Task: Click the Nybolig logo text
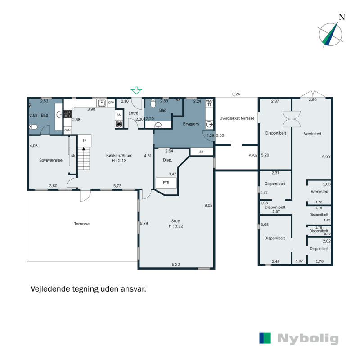308,338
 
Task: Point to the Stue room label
175,221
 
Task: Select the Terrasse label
83,224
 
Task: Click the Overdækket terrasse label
237,118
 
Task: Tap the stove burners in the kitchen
67,114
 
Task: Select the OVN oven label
67,130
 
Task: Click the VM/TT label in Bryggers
208,103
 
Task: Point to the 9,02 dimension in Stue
208,205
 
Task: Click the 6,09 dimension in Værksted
326,157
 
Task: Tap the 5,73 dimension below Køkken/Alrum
118,186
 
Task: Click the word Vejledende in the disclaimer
50,289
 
